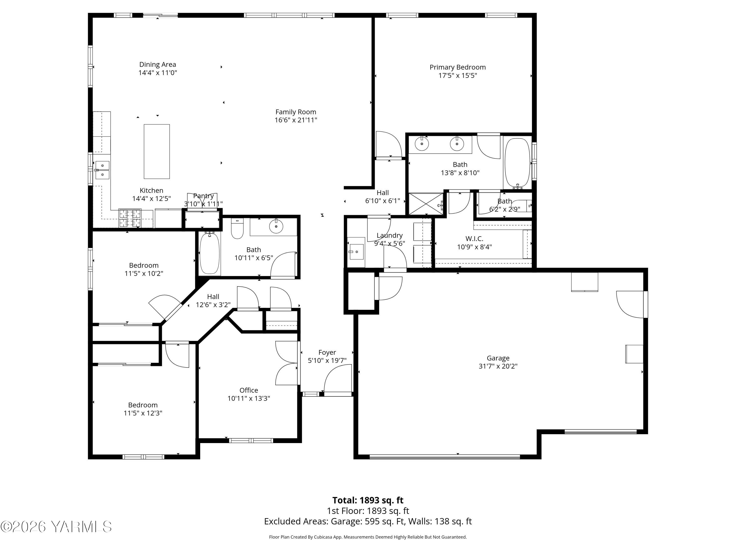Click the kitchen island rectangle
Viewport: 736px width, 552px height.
coord(157,151)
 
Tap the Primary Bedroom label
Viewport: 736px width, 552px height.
coord(458,67)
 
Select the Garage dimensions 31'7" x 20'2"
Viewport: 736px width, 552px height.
coord(498,366)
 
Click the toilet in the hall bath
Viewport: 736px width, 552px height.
coord(237,229)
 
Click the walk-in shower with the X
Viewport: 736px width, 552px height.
coord(426,204)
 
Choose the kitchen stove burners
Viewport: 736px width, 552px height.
coord(130,218)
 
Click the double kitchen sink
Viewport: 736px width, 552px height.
coord(103,170)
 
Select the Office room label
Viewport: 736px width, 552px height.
coord(249,390)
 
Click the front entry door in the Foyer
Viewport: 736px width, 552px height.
coord(338,379)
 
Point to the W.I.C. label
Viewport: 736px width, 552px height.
coord(474,238)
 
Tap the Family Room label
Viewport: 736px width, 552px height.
coord(295,112)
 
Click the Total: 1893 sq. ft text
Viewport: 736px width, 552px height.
coord(368,500)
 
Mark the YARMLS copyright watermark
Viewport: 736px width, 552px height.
coord(56,527)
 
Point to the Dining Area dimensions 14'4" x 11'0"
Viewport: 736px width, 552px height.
coord(158,73)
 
